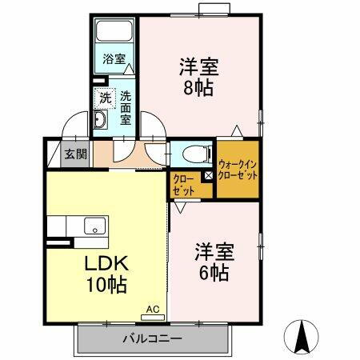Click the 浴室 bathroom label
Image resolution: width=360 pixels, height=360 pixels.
pos(114,58)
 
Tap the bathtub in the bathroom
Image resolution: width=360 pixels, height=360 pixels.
pos(115,33)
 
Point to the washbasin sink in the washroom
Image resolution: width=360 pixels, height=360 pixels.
pos(101,121)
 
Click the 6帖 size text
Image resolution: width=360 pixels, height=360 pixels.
pos(213,272)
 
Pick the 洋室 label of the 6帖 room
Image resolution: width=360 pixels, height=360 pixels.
pos(213,251)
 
